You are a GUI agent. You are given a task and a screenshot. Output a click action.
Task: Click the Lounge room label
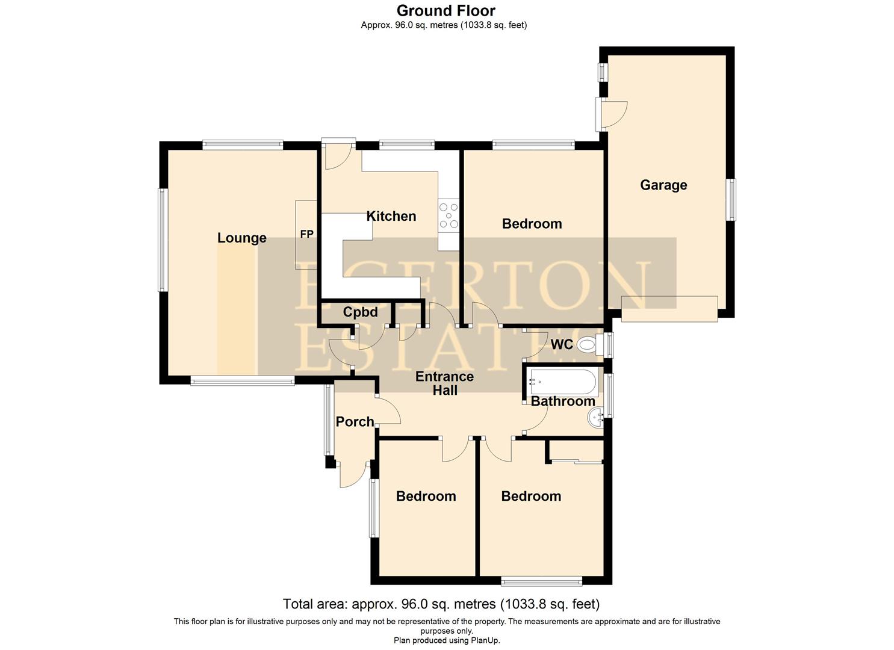241,238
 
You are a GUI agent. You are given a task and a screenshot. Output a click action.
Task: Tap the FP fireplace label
306,234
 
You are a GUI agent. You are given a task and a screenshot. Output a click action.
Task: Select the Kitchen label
391,216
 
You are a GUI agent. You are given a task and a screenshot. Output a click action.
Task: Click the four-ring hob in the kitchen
449,216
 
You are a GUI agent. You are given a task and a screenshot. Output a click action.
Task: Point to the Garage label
663,185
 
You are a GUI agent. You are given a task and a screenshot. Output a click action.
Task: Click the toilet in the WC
587,345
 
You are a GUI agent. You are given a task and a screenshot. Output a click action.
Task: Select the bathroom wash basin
596,416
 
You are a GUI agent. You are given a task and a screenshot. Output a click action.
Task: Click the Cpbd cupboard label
360,312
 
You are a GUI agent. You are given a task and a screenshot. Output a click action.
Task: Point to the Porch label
355,422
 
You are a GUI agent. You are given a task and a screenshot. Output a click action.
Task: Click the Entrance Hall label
444,383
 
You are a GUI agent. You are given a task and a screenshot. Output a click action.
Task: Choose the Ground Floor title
445,10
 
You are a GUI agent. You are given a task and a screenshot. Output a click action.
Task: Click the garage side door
613,114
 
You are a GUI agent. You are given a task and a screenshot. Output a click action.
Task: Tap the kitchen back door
337,155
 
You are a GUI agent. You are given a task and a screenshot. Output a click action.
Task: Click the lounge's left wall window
162,240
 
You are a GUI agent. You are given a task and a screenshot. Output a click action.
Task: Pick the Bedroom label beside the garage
532,224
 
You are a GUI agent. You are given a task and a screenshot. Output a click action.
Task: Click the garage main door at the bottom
669,309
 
